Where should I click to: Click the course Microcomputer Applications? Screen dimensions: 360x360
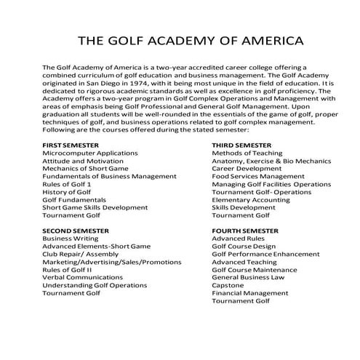tap(90, 154)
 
